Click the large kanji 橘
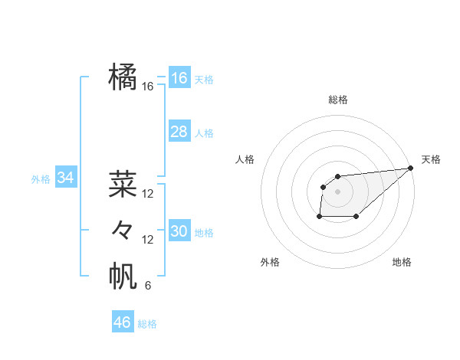tap(123, 77)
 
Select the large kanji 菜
tap(123, 183)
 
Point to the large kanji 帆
tap(123, 276)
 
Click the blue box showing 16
tap(179, 78)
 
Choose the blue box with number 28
tap(179, 132)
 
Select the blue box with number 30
tap(179, 231)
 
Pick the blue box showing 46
tap(123, 322)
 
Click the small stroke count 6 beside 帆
tap(148, 286)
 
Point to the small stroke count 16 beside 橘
tap(148, 87)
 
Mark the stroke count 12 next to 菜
tap(148, 194)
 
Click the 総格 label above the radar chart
tap(337, 100)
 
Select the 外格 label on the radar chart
tap(270, 262)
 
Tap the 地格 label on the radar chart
tap(402, 262)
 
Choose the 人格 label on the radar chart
tap(245, 159)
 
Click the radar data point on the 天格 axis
tap(410, 168)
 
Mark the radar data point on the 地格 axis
tap(356, 217)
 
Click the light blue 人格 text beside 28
tap(204, 133)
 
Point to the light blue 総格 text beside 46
tap(147, 324)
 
